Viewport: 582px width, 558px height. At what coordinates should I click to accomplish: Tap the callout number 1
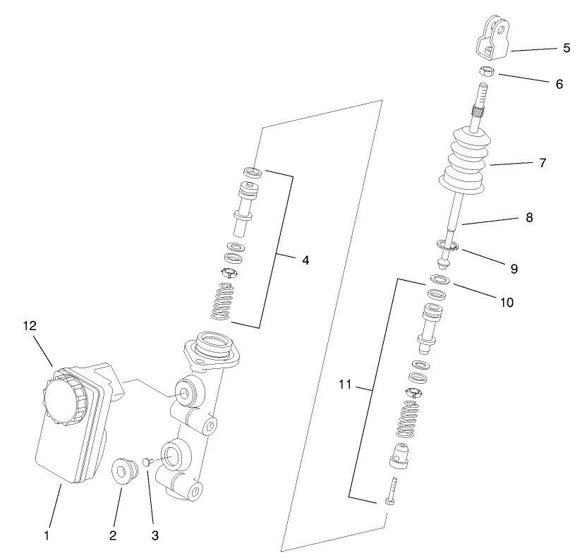tap(47, 535)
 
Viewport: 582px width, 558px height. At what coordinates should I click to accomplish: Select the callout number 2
tap(112, 535)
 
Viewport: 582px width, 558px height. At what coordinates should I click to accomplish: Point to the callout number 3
tap(154, 535)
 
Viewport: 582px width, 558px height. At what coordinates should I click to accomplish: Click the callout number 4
tap(305, 260)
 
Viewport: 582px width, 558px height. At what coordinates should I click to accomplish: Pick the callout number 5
tap(566, 49)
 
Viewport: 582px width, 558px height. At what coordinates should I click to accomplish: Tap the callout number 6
tap(559, 83)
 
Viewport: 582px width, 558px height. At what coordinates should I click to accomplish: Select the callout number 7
tap(542, 162)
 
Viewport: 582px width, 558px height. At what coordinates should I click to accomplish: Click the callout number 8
tap(529, 218)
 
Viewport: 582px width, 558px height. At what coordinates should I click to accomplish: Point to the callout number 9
tap(514, 269)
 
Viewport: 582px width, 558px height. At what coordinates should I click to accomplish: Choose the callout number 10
tap(507, 303)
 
